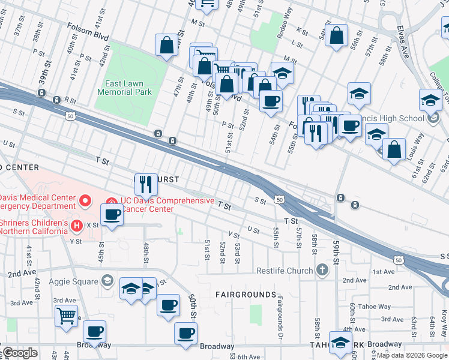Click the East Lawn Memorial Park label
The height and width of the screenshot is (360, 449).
124,88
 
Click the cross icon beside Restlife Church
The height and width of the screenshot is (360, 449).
322,269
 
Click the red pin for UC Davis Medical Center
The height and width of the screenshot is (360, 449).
86,200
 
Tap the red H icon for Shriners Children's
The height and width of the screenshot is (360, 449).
76,226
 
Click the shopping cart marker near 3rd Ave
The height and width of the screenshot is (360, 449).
66,314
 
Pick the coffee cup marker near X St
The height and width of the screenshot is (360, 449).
112,214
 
